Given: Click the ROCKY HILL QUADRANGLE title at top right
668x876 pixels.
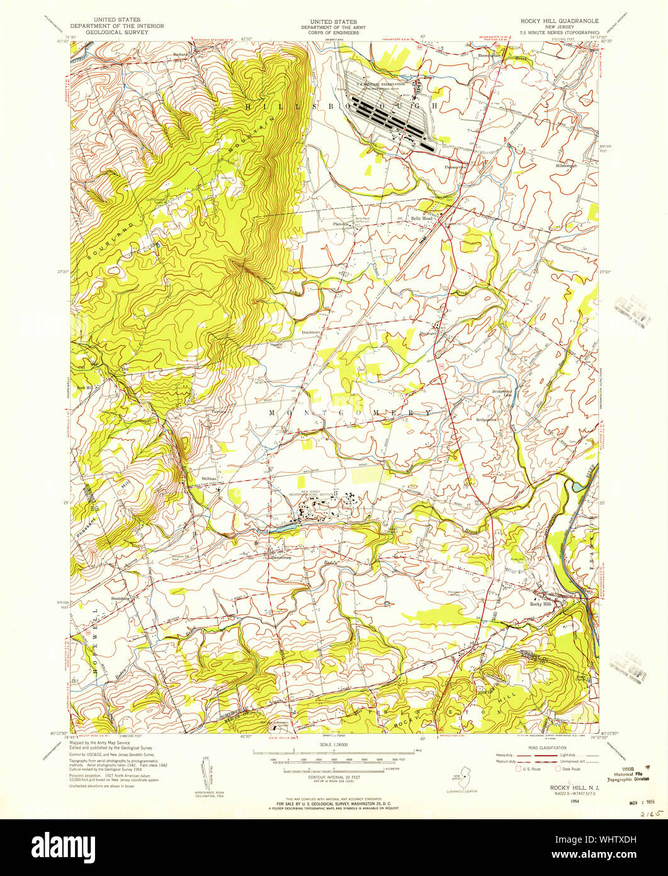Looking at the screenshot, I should point(558,20).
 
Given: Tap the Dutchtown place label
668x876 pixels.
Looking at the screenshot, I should point(312,331).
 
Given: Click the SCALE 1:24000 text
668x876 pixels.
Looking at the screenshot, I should point(334,744).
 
